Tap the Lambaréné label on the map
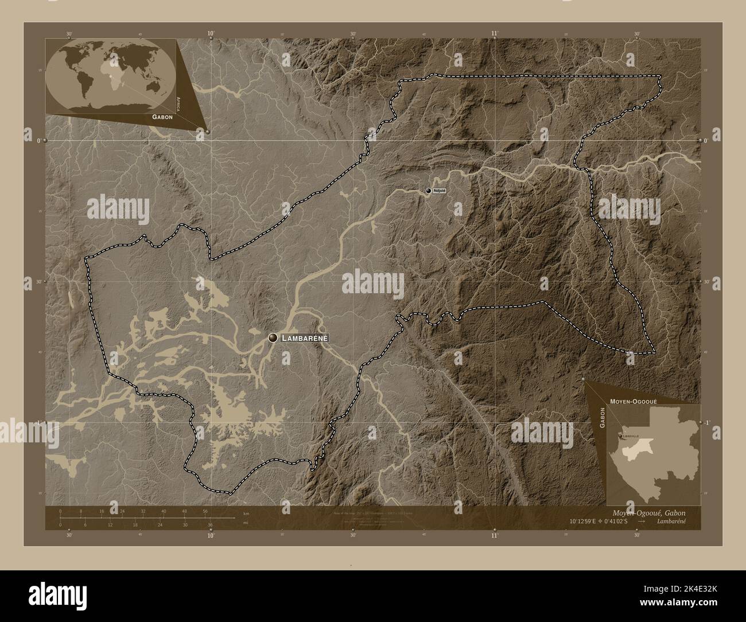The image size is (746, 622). click(304, 339)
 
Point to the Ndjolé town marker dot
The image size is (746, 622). click(428, 191)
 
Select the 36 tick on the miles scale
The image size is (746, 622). click(210, 524)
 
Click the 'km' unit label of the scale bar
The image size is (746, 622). click(246, 514)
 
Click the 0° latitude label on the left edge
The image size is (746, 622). click(38, 141)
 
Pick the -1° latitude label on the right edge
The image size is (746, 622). click(707, 422)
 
